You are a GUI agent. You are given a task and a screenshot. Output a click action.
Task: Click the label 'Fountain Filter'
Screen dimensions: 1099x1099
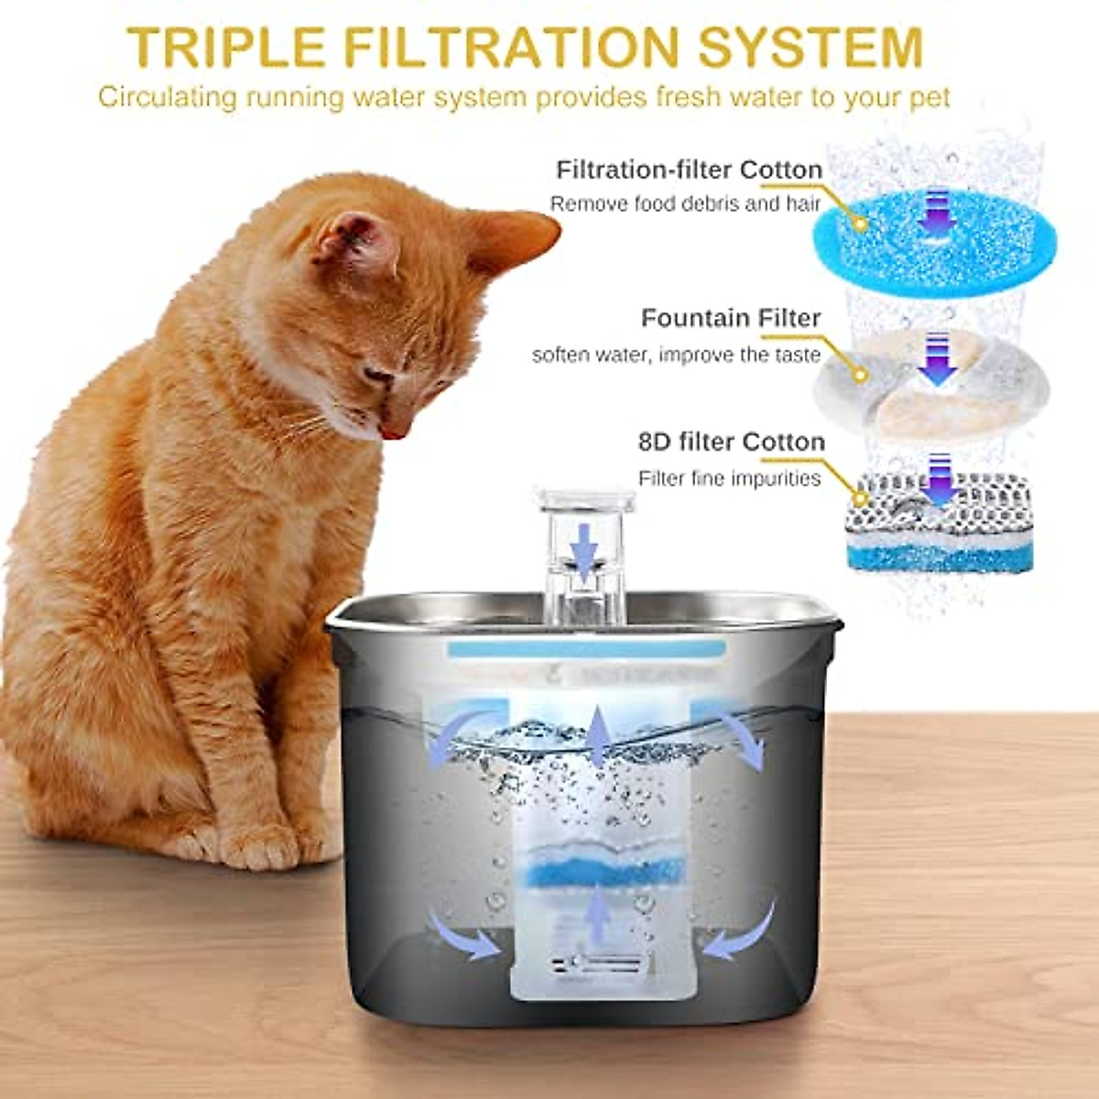pos(730,318)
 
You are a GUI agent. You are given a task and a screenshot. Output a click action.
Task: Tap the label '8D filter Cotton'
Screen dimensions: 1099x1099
pos(731,441)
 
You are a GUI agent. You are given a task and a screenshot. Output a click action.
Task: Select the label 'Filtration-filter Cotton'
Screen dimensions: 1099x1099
pos(689,169)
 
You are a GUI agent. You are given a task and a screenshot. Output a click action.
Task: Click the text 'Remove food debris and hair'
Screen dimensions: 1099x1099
pos(685,203)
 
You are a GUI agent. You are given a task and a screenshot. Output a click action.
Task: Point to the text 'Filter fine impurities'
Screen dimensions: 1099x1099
pos(729,478)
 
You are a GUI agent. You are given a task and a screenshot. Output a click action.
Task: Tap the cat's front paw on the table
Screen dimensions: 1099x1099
pos(261,847)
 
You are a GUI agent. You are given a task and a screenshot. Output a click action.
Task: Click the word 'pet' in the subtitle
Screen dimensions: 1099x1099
pos(930,96)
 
